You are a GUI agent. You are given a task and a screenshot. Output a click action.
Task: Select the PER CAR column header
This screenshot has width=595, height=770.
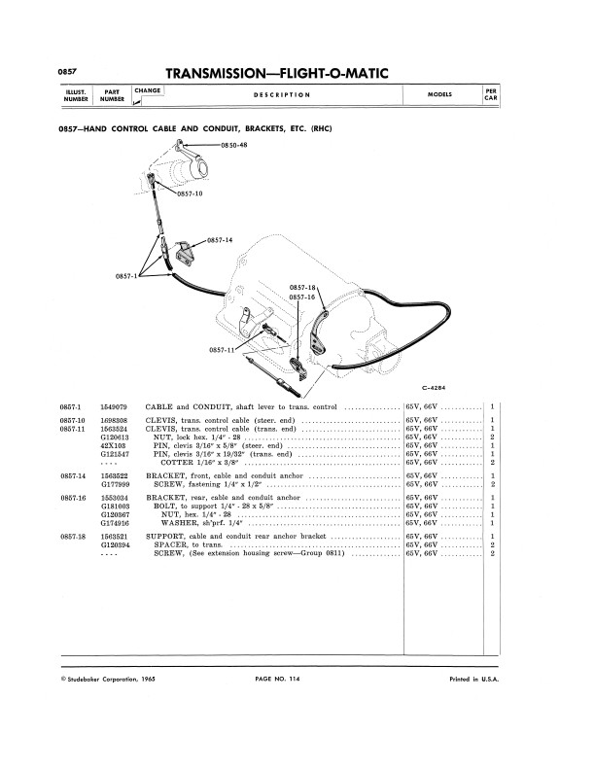click(x=492, y=94)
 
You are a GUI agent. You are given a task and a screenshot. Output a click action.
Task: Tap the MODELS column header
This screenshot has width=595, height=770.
click(x=439, y=94)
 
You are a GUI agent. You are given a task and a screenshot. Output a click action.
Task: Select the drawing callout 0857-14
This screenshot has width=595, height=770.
click(x=222, y=238)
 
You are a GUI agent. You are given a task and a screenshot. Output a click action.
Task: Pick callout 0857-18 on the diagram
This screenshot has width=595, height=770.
click(x=303, y=288)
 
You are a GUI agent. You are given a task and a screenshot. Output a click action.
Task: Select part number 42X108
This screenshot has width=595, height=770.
click(x=115, y=445)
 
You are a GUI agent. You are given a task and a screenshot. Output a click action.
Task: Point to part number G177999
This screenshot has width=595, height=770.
click(x=117, y=483)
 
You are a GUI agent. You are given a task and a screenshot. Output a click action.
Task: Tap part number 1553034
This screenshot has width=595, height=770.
click(x=117, y=497)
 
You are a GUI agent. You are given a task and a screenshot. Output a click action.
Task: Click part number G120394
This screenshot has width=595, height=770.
click(x=117, y=545)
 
